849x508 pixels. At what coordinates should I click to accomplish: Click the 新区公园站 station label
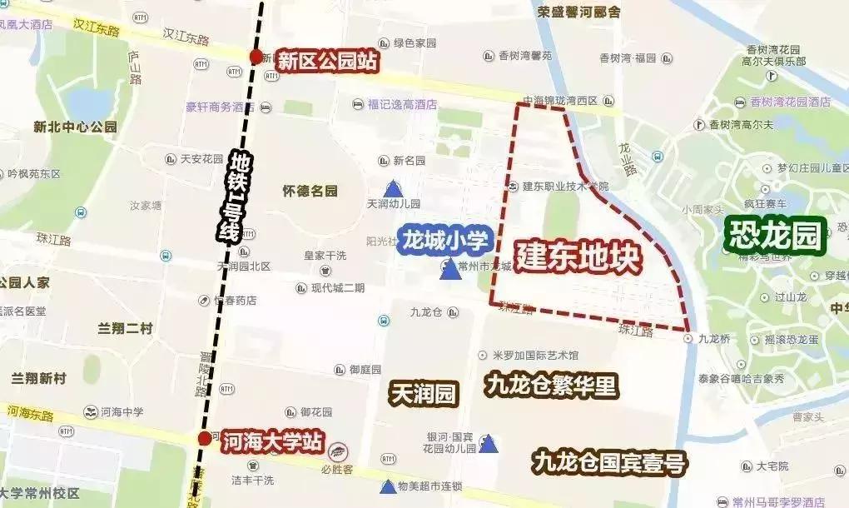(327, 62)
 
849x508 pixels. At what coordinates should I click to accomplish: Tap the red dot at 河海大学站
(205, 439)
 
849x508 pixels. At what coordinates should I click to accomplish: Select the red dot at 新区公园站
(256, 57)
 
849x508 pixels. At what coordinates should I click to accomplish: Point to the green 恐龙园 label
(774, 235)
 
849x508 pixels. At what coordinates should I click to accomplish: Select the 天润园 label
(424, 393)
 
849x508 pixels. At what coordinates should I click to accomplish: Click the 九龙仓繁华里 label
(551, 386)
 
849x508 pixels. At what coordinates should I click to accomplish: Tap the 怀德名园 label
(310, 192)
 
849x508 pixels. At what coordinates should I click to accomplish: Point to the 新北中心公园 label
(75, 127)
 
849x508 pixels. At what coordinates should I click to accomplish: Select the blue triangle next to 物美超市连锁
(388, 486)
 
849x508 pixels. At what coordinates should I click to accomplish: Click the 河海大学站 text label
(272, 442)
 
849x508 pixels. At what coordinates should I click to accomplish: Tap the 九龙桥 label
(713, 339)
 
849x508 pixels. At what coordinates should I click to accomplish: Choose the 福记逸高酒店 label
(402, 105)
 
